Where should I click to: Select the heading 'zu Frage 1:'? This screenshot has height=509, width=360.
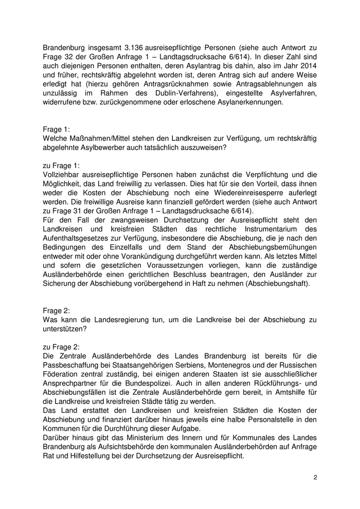[x=60, y=166]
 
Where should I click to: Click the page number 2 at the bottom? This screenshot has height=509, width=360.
[x=315, y=478]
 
